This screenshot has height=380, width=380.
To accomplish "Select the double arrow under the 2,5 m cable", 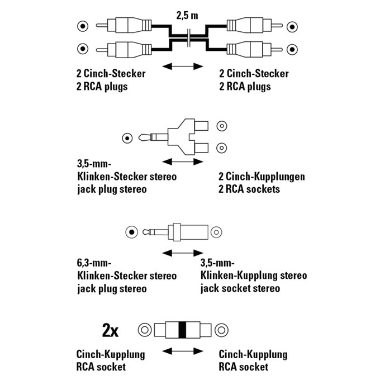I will (x=182, y=67).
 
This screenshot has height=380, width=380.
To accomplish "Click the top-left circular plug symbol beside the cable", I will (x=83, y=26).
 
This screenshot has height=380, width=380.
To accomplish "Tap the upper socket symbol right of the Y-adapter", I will (x=221, y=126).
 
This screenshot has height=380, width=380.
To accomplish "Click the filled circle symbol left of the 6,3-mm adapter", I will (x=131, y=231).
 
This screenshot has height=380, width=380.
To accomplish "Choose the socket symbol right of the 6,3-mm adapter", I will (x=216, y=231).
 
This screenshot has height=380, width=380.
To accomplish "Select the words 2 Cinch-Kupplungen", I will (x=262, y=177).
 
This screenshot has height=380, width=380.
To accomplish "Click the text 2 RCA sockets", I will (x=249, y=189).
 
